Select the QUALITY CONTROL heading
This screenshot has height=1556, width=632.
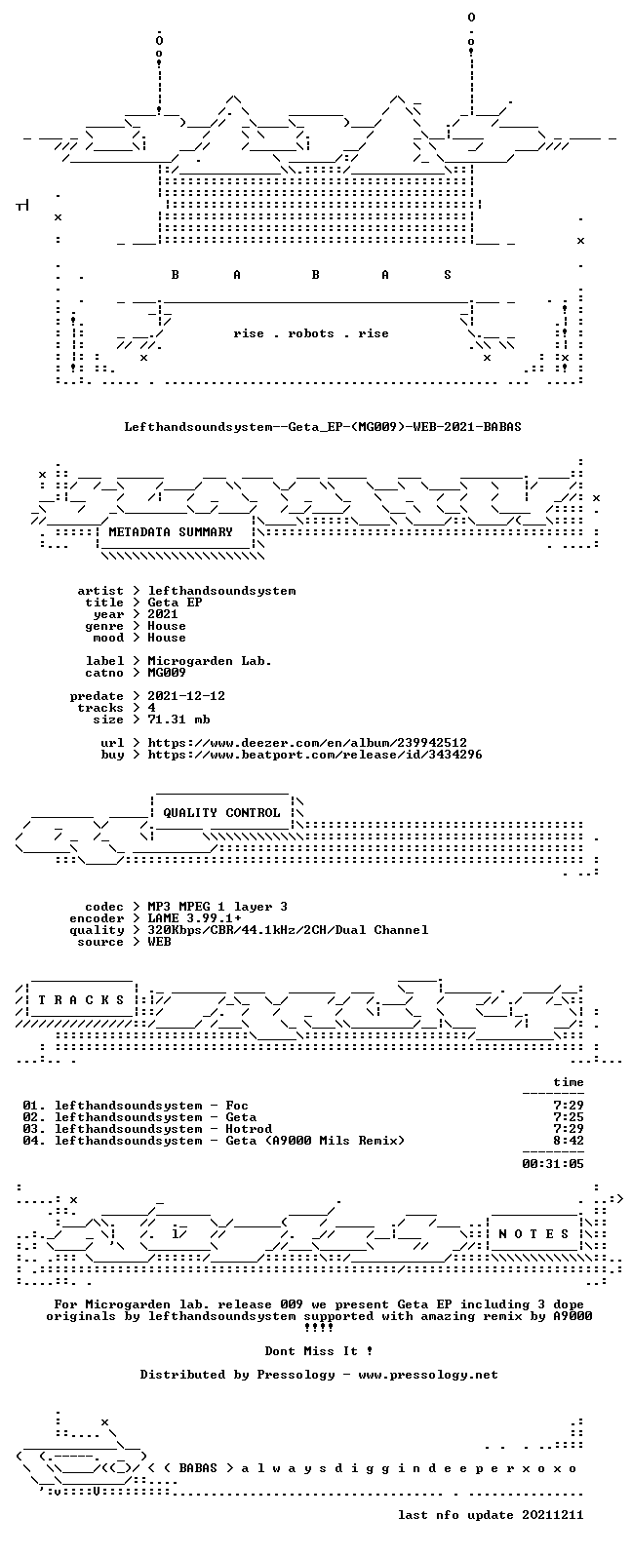[x=221, y=813]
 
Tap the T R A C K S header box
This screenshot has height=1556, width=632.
[x=81, y=999]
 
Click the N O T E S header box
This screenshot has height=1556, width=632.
[x=533, y=1233]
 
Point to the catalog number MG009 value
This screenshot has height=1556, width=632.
[x=167, y=673]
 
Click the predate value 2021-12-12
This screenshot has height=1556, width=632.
[x=186, y=696]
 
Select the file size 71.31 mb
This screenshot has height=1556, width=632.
[x=178, y=720]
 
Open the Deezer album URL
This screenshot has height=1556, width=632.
[x=307, y=743]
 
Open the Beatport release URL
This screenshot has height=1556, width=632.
[x=315, y=755]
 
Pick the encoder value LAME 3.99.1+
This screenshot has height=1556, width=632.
[x=194, y=918]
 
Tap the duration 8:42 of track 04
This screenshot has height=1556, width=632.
[x=569, y=1141]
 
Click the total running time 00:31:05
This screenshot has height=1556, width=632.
[x=553, y=1163]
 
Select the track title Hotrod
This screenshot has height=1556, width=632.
[x=249, y=1129]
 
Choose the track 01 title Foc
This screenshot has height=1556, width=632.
[x=237, y=1106]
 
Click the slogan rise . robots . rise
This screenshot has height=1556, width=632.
[x=311, y=333]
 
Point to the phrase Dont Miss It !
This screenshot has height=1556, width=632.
[x=319, y=1351]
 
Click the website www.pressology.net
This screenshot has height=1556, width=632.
[x=428, y=1375]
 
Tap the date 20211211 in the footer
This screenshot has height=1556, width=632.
[x=553, y=1515]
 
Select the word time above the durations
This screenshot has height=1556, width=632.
[x=569, y=1082]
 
